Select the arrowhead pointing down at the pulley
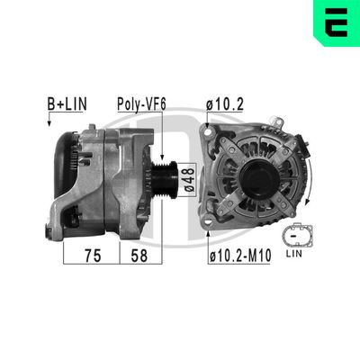(155, 135)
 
